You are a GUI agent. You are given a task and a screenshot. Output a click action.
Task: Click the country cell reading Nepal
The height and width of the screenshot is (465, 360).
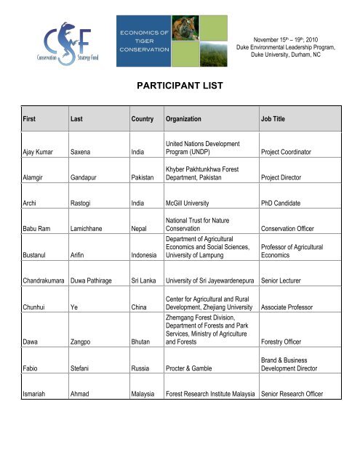click(141, 247)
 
